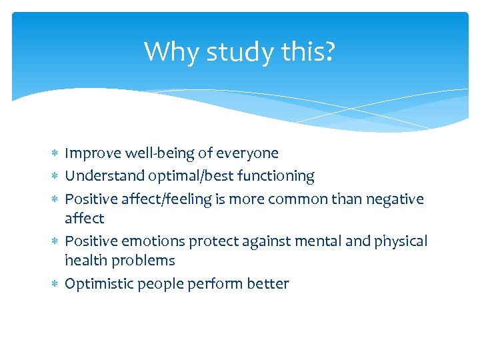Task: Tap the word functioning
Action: (x=265, y=176)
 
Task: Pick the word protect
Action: (x=202, y=241)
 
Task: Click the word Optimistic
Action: (x=98, y=284)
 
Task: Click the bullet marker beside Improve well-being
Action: (x=55, y=154)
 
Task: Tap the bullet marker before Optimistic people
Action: (x=55, y=285)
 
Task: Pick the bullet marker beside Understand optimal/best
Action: (x=55, y=177)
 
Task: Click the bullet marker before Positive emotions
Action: (x=55, y=242)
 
